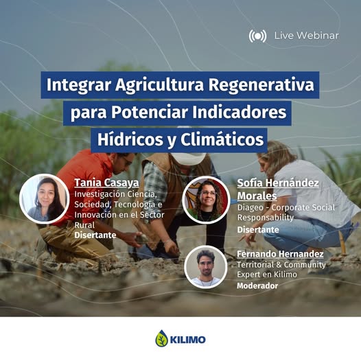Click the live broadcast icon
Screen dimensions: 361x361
[x=257, y=36]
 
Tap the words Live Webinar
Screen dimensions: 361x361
[x=306, y=36]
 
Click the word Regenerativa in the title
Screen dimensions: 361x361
[x=261, y=85]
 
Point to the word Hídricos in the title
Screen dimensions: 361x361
[x=130, y=139]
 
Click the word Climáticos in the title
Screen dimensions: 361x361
[x=222, y=139]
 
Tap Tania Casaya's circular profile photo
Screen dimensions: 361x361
[x=45, y=199]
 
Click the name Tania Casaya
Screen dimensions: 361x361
[x=106, y=183]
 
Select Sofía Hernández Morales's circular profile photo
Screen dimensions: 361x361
[x=206, y=200]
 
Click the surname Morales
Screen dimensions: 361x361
[x=257, y=196]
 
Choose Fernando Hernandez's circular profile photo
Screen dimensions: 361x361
[x=206, y=267]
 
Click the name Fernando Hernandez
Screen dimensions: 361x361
[x=280, y=254]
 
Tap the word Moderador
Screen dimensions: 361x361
[x=257, y=286]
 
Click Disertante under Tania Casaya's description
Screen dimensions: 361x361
[x=95, y=235]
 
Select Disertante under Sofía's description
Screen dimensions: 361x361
[x=258, y=229]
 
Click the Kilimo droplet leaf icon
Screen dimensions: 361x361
[x=161, y=338]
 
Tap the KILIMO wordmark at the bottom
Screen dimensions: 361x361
[x=187, y=340]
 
